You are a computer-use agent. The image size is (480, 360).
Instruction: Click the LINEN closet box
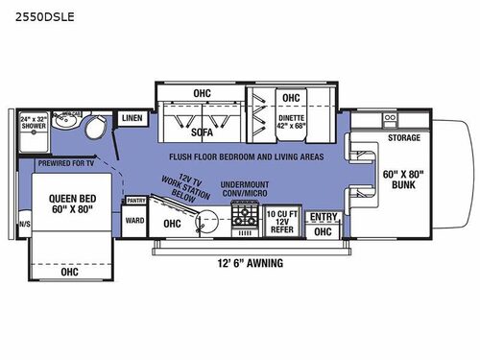point(132,117)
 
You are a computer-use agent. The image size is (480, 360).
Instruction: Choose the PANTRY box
point(135,202)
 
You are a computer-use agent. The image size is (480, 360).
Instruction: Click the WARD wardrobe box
point(135,220)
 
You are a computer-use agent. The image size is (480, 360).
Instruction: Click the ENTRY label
point(323,217)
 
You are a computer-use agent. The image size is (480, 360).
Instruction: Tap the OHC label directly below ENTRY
point(323,231)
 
